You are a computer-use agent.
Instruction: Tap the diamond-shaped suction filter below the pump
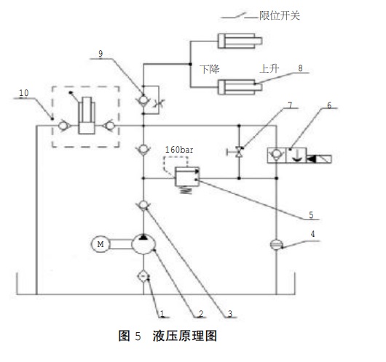[143, 277]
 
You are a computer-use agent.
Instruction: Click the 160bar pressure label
[179, 150]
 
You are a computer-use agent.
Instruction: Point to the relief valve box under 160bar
[187, 177]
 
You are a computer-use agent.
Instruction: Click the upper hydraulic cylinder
[240, 41]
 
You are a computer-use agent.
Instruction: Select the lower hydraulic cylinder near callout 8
[240, 87]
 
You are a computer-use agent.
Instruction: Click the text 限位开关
[280, 16]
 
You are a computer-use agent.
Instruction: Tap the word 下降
[210, 69]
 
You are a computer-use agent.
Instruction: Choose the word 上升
[269, 68]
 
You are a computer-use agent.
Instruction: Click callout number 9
[101, 54]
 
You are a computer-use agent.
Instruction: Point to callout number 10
[24, 93]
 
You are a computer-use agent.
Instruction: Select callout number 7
[291, 105]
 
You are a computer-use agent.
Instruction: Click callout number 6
[329, 105]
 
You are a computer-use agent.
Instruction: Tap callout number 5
[311, 215]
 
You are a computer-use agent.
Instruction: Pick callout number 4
[312, 234]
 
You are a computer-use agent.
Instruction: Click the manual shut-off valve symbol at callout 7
[238, 152]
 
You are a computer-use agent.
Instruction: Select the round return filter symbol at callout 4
[277, 244]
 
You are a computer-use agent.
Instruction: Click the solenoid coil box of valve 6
[319, 159]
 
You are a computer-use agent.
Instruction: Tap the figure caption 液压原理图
[185, 336]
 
